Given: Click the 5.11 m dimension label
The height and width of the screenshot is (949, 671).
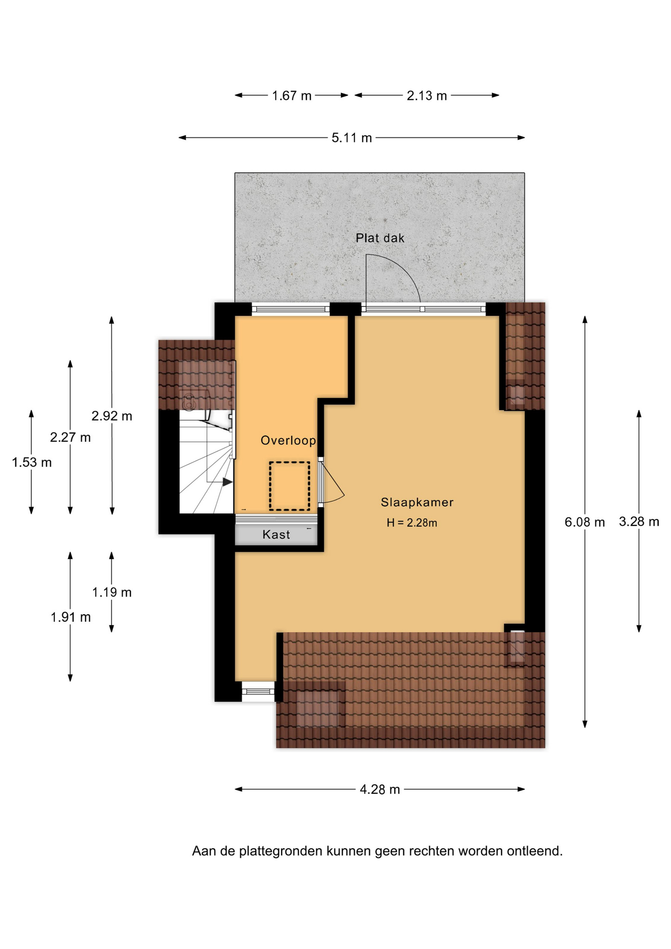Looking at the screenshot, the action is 351,138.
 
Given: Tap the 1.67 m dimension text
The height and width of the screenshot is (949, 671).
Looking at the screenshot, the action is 292,96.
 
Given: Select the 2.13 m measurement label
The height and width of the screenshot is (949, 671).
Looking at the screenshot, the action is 427,96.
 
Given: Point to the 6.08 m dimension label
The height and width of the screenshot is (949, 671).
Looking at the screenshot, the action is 585,522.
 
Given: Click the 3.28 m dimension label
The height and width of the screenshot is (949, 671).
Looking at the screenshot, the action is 639,521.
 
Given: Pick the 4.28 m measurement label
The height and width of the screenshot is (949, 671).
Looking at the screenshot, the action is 379,789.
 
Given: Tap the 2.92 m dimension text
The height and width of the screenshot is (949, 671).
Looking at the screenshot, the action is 112,416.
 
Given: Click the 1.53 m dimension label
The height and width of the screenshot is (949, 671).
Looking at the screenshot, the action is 32,463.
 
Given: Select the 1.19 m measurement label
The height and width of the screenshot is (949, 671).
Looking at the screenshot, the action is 112,592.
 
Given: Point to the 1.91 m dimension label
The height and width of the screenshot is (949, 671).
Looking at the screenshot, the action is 71,617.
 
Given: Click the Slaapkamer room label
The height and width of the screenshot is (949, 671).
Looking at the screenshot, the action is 417,502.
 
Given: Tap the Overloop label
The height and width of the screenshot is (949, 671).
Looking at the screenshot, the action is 289,440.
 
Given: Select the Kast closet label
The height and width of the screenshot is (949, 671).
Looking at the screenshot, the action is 276,534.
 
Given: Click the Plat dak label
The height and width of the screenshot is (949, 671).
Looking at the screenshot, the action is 380,238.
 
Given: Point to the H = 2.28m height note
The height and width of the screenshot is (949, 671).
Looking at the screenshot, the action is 412,523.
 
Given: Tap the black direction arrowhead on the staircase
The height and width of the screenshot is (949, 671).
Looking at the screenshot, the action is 227,482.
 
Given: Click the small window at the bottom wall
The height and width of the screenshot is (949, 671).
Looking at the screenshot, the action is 258,691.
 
